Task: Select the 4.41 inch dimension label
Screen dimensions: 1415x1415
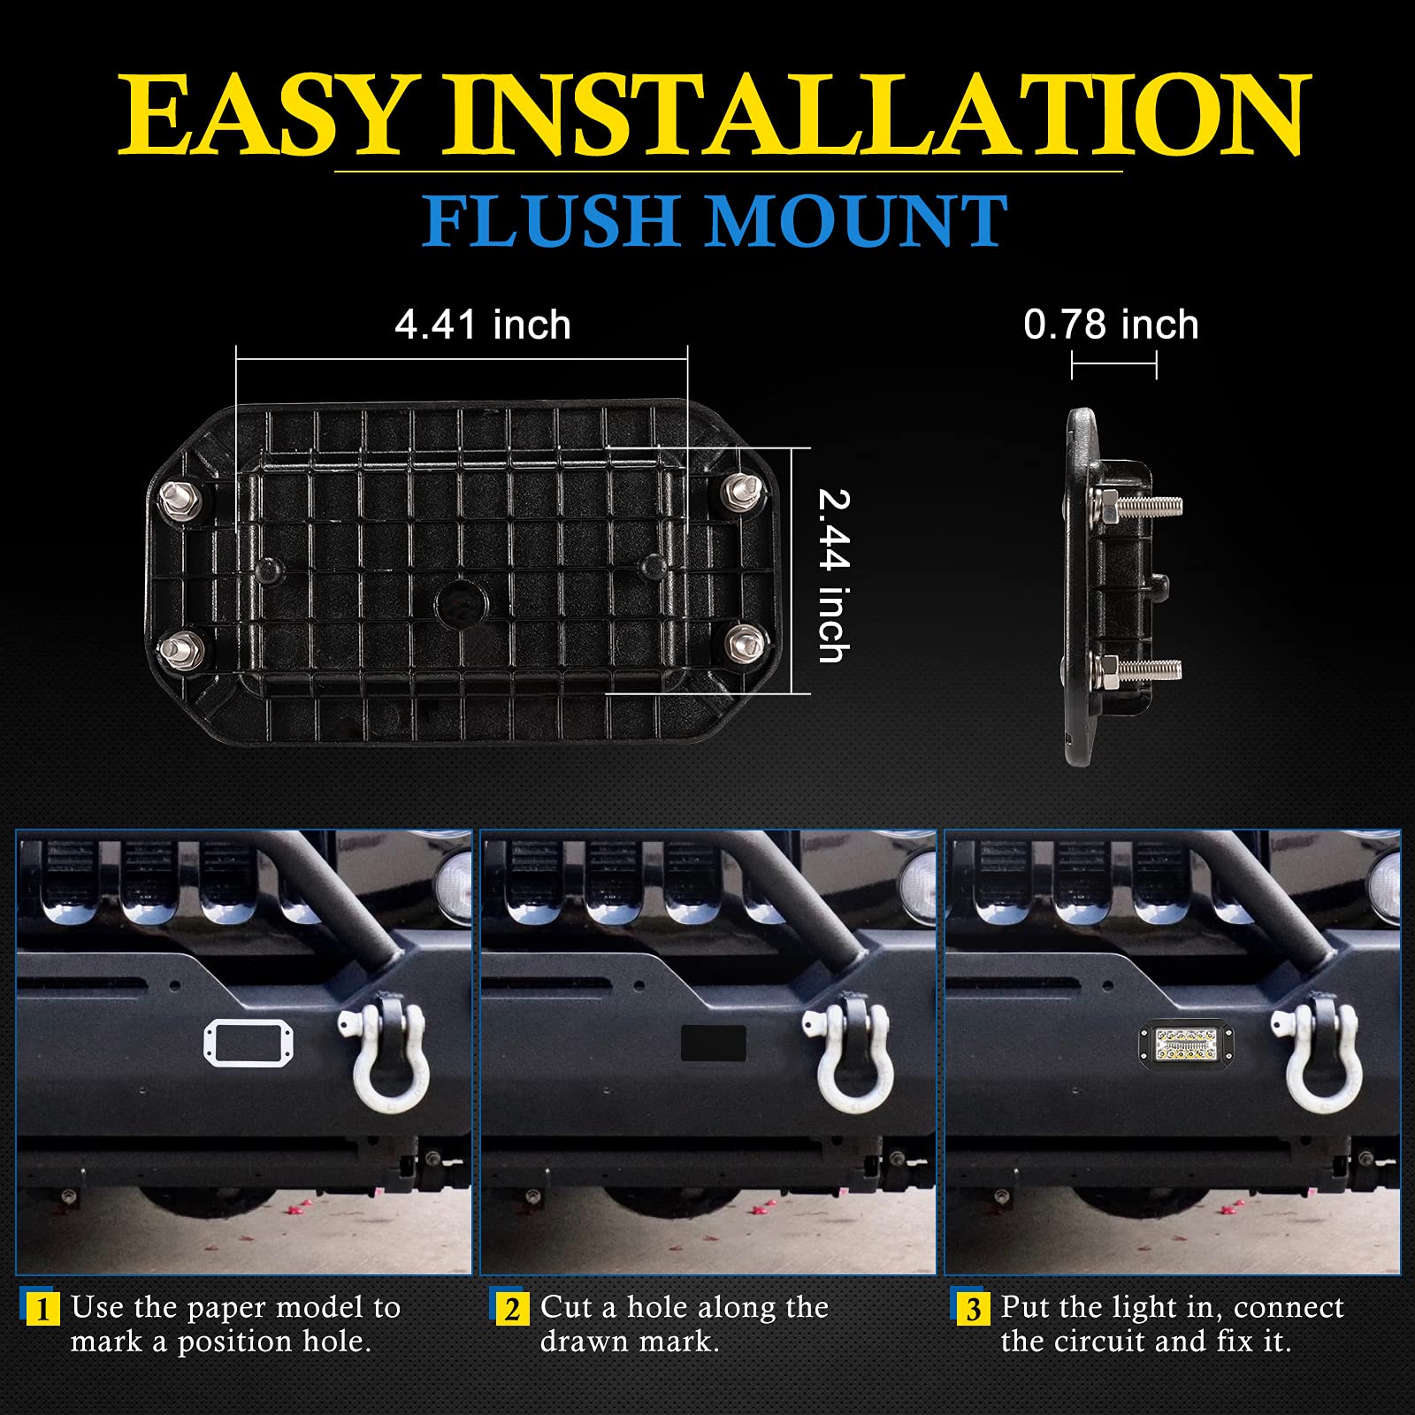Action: (x=482, y=325)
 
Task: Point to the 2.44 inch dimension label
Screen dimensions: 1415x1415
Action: (x=832, y=575)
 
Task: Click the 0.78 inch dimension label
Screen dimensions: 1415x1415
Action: (x=1111, y=325)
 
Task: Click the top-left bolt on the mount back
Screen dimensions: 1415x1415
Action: (x=180, y=500)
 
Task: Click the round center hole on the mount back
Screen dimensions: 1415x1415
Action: (x=460, y=604)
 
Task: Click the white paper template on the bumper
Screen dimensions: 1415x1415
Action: (x=249, y=1043)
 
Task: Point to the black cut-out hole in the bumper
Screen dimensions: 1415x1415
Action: (x=713, y=1044)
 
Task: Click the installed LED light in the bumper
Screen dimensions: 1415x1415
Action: (x=1185, y=1044)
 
